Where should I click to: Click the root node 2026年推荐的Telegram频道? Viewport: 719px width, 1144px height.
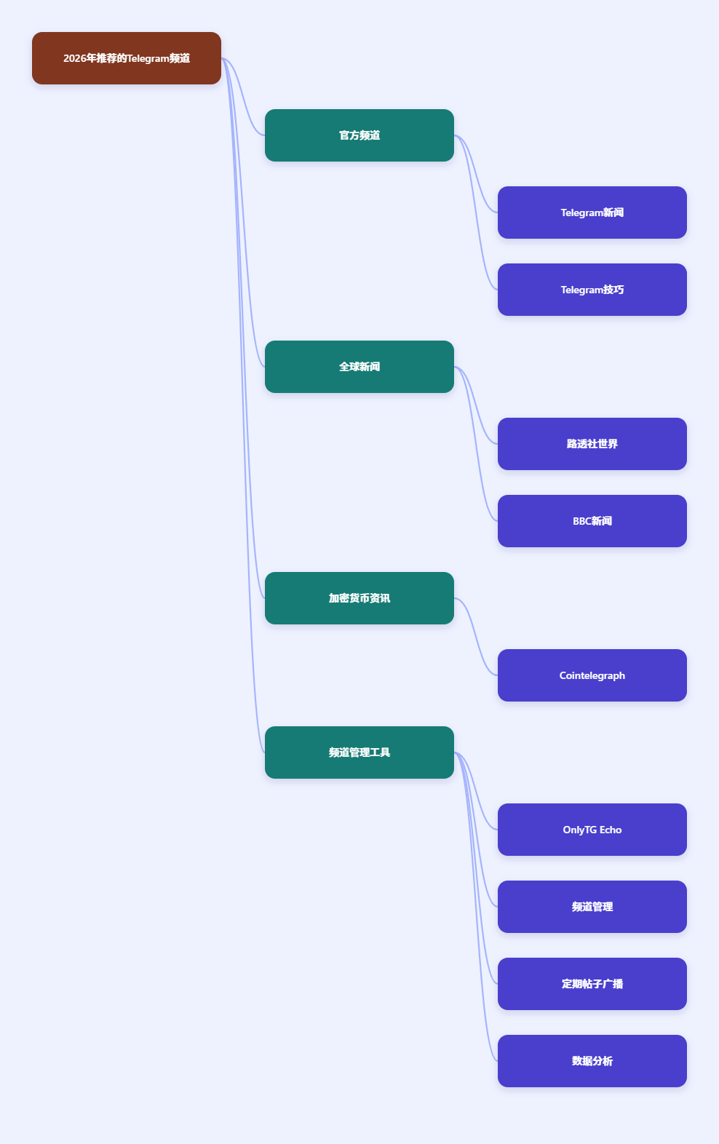coord(127,58)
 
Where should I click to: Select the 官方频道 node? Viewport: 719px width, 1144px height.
coord(359,135)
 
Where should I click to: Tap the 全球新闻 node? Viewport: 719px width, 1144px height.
coord(359,367)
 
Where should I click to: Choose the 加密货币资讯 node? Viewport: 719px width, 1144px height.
coord(359,598)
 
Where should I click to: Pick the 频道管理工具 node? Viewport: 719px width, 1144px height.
coord(359,752)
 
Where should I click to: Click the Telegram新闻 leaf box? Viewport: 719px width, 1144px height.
coord(592,212)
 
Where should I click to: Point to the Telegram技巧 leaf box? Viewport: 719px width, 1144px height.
coord(592,290)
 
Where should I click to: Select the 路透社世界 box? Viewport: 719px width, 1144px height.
coord(592,444)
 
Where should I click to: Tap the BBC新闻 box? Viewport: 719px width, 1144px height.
coord(592,521)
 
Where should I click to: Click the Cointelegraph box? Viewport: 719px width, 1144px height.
coord(592,675)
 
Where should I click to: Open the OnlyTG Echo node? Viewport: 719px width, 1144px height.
coord(592,830)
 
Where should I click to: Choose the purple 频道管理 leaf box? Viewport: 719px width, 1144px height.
coord(592,907)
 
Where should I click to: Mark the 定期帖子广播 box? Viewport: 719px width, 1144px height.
coord(592,984)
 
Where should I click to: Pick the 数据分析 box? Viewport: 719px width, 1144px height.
coord(592,1061)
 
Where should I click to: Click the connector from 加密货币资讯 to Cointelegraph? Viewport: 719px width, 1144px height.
coord(476,637)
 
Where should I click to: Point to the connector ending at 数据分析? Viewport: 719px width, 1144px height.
coord(476,907)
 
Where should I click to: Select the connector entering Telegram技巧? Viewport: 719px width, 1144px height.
coord(476,212)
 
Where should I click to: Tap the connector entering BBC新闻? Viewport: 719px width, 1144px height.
coord(476,444)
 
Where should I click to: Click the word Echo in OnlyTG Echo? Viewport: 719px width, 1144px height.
coord(611,830)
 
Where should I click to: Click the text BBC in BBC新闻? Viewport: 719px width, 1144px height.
coord(581,521)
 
